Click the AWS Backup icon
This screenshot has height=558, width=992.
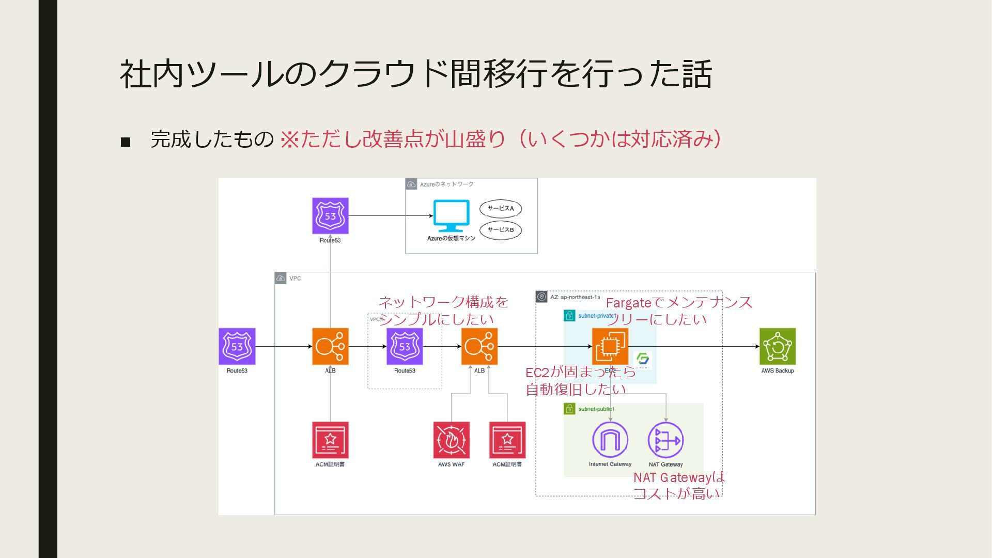pos(777,346)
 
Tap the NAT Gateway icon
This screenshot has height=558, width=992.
pos(665,440)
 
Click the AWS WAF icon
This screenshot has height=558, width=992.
pos(451,440)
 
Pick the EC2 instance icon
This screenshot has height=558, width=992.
pos(610,346)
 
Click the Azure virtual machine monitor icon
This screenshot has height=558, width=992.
pos(451,216)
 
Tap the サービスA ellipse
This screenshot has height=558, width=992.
pos(501,209)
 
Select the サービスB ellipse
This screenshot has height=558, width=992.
pos(501,230)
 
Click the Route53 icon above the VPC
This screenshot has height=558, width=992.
pos(330,216)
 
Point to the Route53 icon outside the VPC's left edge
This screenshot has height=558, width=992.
pos(237,346)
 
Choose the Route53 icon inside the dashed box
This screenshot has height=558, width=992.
pos(405,346)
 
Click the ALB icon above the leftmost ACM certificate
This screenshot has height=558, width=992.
pos(330,346)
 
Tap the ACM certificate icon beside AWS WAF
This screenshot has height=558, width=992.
pos(507,440)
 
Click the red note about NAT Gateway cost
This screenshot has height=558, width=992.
pos(678,485)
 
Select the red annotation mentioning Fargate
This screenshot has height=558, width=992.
pos(678,311)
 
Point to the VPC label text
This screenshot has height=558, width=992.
pos(295,278)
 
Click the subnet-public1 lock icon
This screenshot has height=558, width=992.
pos(569,409)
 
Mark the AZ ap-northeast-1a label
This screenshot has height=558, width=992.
pos(575,297)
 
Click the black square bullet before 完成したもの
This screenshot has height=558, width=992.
pos(126,142)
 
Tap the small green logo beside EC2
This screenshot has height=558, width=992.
pos(643,360)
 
